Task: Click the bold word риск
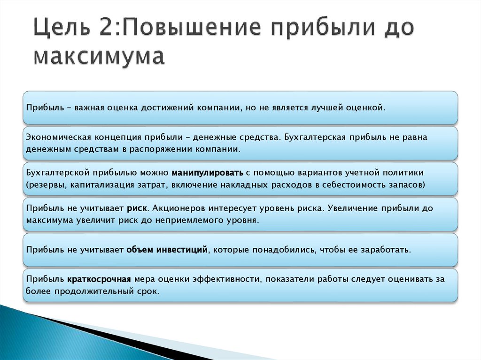tap(137, 208)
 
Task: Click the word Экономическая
tap(58, 137)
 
